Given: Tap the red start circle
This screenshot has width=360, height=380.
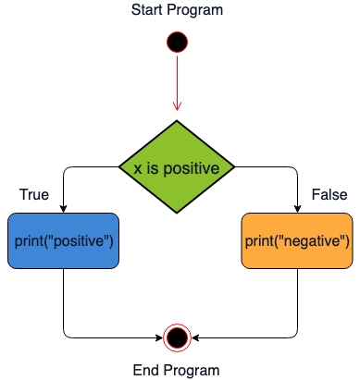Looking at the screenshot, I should (x=176, y=42).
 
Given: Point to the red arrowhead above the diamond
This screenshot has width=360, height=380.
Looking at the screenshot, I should (x=176, y=104).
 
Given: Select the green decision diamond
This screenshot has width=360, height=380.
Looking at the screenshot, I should (x=176, y=167).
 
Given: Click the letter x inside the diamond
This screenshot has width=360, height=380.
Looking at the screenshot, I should (x=138, y=168).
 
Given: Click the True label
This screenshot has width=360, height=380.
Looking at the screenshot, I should (x=34, y=195).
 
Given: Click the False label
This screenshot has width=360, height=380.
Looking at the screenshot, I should (x=329, y=195).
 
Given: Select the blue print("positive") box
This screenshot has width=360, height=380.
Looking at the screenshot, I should (x=64, y=240).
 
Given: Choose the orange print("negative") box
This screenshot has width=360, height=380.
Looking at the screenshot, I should (x=297, y=240).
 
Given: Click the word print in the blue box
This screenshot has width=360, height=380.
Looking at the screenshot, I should (x=30, y=241).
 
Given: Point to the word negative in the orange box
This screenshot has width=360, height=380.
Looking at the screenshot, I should (x=312, y=241).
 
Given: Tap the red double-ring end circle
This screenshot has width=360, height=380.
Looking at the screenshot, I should (x=176, y=337).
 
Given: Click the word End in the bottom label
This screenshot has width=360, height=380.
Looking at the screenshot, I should (x=146, y=370).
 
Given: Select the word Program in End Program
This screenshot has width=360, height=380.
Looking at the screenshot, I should (x=192, y=370).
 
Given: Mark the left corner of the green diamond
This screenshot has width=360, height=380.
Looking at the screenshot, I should (x=121, y=167).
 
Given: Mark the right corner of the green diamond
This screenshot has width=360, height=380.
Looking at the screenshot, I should (x=231, y=167).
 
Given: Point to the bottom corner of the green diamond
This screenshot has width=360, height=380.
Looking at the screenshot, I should (x=176, y=213).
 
